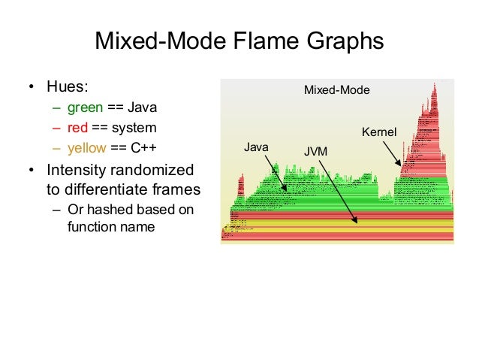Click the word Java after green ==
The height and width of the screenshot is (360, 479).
143,107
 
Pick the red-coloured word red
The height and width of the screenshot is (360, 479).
78,127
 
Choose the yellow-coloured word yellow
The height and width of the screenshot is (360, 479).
87,147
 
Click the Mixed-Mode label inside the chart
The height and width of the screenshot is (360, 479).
336,90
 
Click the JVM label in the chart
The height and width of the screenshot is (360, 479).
315,152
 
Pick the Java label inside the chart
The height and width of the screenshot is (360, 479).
257,147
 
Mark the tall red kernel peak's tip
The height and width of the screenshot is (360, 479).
434,86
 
